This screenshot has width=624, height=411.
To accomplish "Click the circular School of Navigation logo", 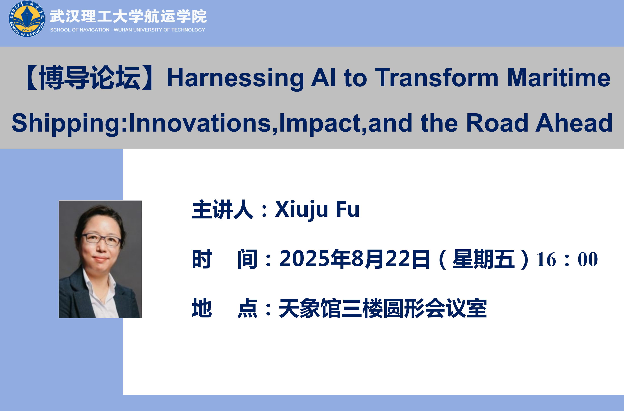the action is tap(27, 19).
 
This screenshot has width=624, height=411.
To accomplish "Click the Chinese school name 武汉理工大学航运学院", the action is tap(128, 16).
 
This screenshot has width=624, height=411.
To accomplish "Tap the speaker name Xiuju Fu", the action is tap(317, 209).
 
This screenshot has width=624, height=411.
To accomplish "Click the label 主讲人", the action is tap(223, 209).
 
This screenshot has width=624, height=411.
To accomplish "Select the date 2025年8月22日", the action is tap(354, 259).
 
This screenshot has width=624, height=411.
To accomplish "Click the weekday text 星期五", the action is tap(484, 259).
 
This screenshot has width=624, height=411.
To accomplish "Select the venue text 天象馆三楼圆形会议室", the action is tap(383, 308).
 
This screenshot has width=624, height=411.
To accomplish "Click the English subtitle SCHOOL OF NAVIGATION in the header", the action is tap(80, 30).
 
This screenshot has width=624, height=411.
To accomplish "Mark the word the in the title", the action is tap(439, 123).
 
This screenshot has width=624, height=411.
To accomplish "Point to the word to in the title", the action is tap(355, 78).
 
